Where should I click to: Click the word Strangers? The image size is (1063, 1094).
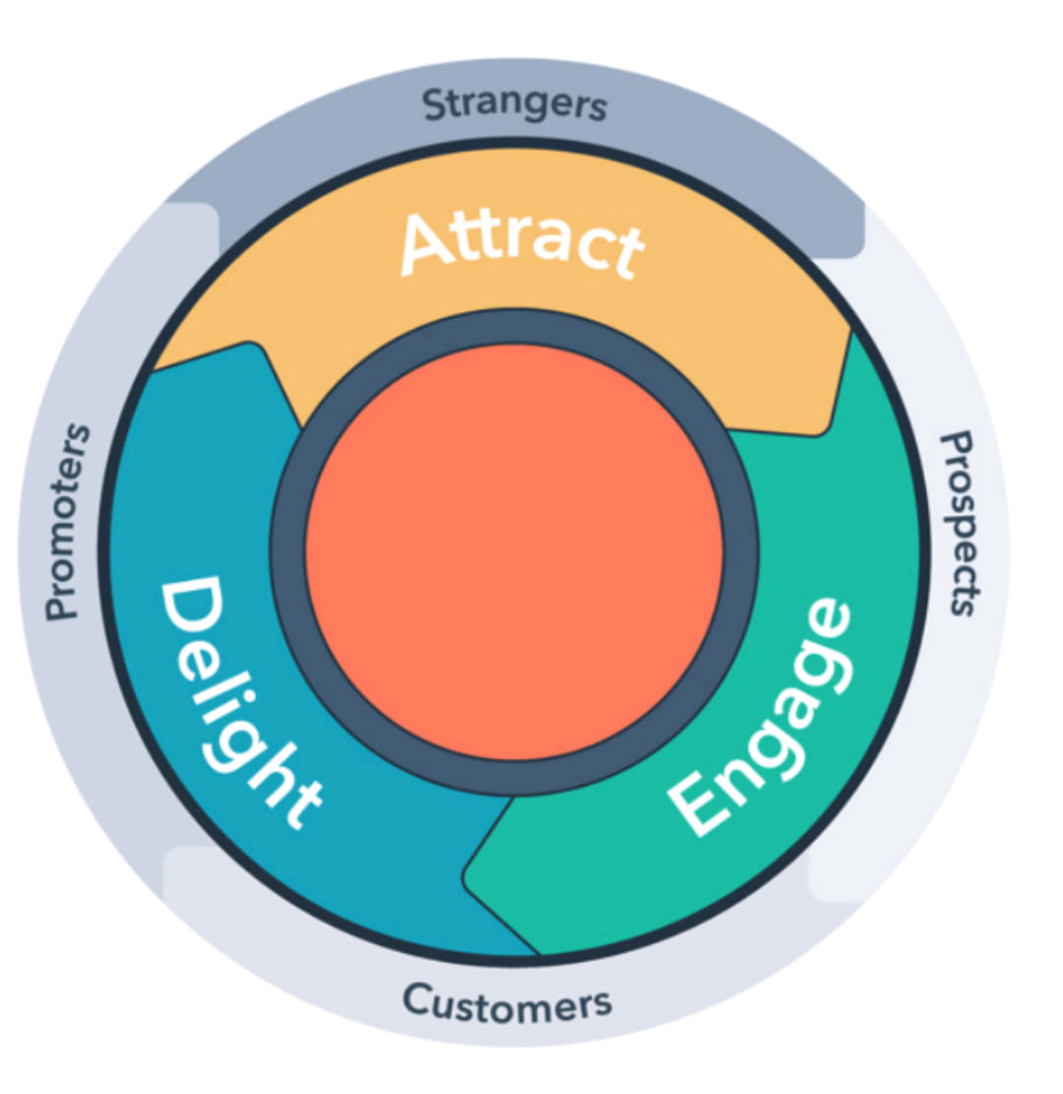[x=515, y=105]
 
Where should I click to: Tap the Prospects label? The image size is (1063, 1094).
[x=962, y=524]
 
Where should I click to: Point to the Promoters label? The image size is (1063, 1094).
[x=67, y=522]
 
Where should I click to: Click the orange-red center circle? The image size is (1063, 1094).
[x=514, y=551]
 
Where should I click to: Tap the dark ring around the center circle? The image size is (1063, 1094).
[x=287, y=551]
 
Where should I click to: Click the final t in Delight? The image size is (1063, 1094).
[x=301, y=803]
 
